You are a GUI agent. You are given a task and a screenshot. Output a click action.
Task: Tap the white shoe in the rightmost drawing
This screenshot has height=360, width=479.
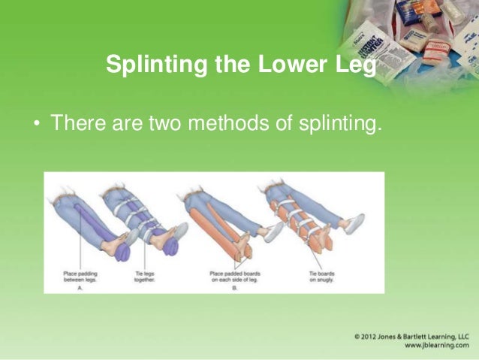[x=352, y=222]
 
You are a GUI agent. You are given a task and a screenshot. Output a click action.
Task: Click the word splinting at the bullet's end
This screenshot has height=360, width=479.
[x=333, y=122]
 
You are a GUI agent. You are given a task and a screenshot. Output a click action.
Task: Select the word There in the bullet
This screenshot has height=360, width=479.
[x=71, y=122]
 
